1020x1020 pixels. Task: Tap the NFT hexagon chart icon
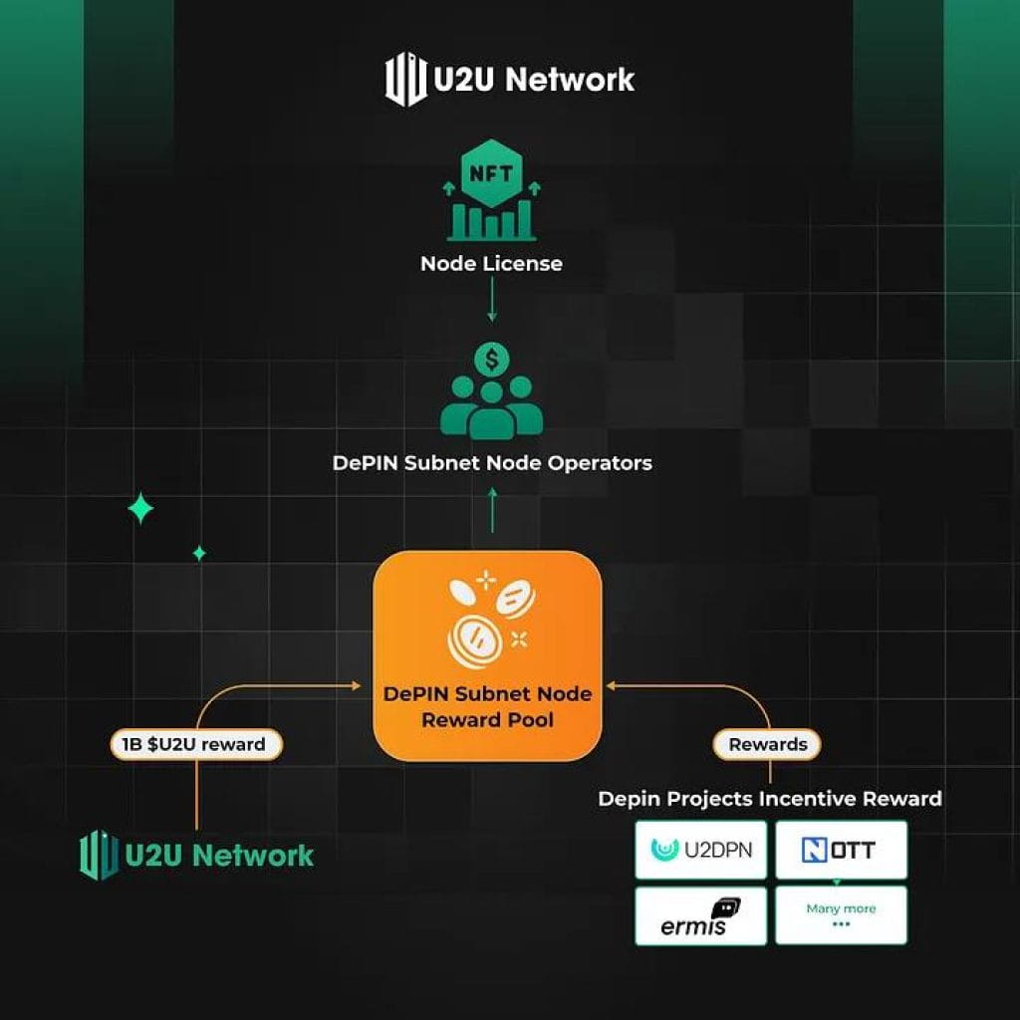coord(491,195)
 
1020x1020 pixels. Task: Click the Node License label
coord(491,264)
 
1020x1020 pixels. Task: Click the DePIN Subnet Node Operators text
coord(492,463)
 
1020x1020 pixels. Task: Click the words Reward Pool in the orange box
coord(487,719)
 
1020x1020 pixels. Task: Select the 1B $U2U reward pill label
coord(195,744)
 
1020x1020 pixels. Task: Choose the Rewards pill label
coord(768,744)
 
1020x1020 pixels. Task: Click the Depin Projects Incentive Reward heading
coord(770,798)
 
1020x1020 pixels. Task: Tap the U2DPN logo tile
coord(701,850)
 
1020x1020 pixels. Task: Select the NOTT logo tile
coord(842,850)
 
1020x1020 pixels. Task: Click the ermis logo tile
coord(701,915)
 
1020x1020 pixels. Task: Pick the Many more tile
coord(842,915)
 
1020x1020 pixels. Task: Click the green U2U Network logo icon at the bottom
coord(100,855)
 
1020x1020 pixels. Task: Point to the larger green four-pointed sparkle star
coord(140,509)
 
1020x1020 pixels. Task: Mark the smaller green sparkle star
coord(199,553)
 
